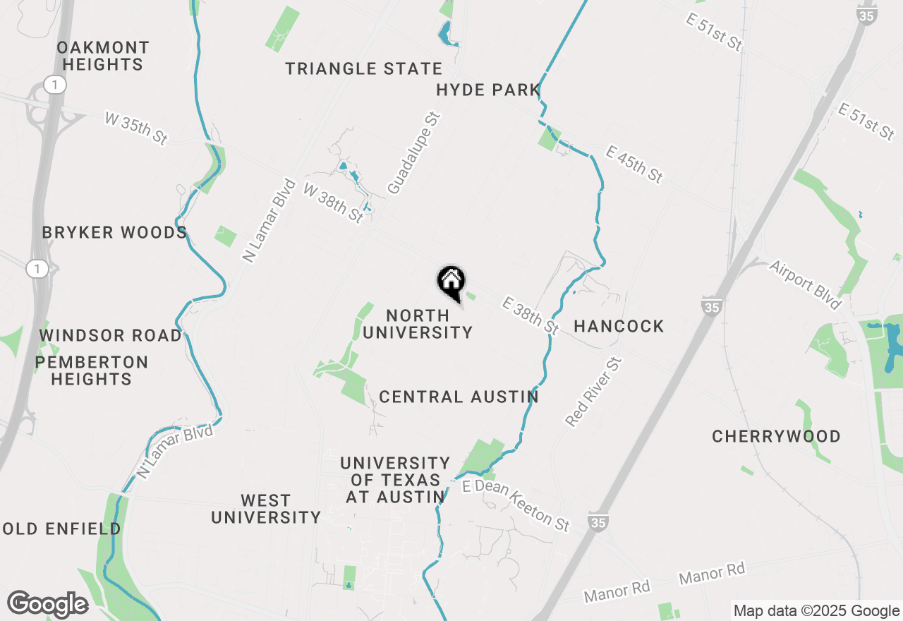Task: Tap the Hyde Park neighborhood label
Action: pyautogui.click(x=487, y=90)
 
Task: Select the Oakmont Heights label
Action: pyautogui.click(x=103, y=56)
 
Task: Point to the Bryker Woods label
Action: pyautogui.click(x=114, y=232)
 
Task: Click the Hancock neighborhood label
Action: pyautogui.click(x=619, y=326)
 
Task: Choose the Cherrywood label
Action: pyautogui.click(x=776, y=436)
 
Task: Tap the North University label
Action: pyautogui.click(x=418, y=324)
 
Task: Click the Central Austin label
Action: pyautogui.click(x=459, y=397)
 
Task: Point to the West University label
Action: pyautogui.click(x=266, y=509)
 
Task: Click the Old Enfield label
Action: pyautogui.click(x=62, y=529)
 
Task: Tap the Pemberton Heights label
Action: pyautogui.click(x=92, y=370)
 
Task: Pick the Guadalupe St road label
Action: pyautogui.click(x=413, y=154)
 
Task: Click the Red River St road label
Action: pyautogui.click(x=594, y=392)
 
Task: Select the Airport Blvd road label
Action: pyautogui.click(x=806, y=285)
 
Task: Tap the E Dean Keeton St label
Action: pyautogui.click(x=516, y=505)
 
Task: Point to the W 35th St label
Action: pyautogui.click(x=135, y=128)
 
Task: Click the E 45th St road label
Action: pyautogui.click(x=634, y=164)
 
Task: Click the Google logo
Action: pyautogui.click(x=47, y=604)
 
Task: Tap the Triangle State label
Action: pyautogui.click(x=363, y=68)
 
